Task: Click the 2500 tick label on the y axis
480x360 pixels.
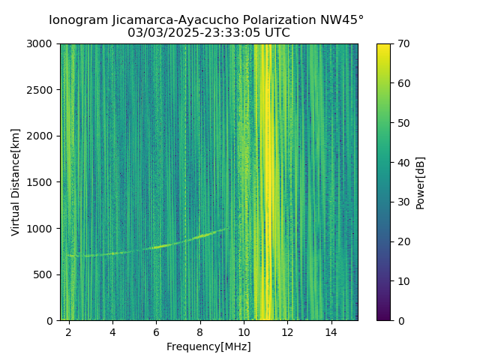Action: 43,90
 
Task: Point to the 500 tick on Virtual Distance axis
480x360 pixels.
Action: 46,274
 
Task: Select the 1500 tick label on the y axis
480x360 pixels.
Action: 43,182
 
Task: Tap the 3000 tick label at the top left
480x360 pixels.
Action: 43,43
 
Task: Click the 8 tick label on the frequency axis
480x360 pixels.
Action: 200,331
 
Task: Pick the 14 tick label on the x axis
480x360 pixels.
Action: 331,331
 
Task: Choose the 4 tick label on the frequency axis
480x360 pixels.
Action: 112,331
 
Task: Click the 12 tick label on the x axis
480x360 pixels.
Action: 287,331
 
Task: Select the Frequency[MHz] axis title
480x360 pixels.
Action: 208,346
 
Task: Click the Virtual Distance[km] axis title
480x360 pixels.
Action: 16,182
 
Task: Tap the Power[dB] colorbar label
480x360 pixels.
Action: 421,182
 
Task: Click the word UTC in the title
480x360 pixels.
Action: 277,33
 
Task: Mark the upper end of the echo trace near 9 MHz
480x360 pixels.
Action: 227,228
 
